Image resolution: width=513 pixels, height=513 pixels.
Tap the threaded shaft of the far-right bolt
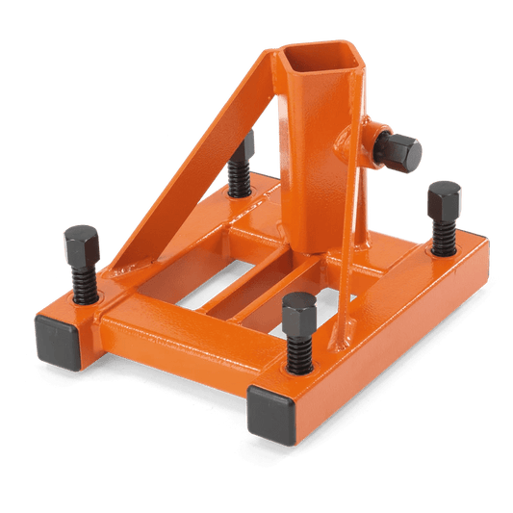click(x=443, y=235)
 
